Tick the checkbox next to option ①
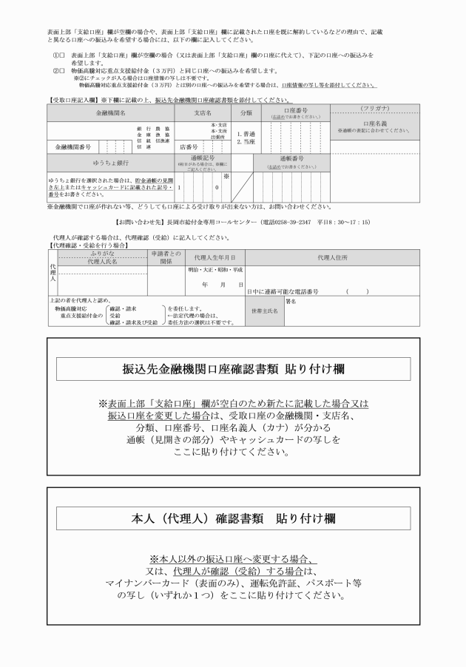[61, 56]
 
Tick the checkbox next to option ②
[61, 71]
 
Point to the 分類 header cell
[246, 113]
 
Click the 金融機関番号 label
[72, 146]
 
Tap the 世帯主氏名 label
[264, 311]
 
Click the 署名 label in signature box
[291, 302]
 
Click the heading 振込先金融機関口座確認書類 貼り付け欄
[234, 368]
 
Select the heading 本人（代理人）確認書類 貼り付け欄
[234, 518]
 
